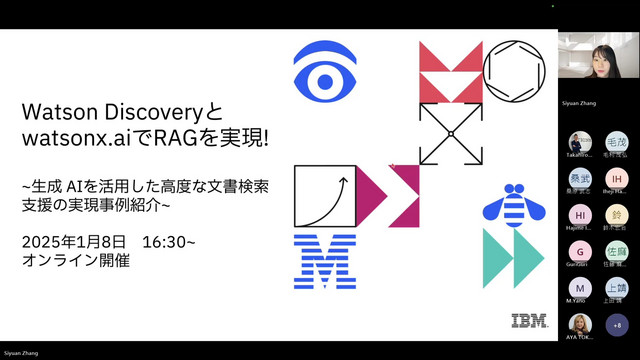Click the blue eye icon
(325, 70)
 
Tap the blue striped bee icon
(513, 203)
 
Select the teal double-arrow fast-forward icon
(513, 258)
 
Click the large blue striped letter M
(325, 261)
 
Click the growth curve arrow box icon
(325, 195)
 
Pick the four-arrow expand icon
(450, 133)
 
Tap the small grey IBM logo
(528, 321)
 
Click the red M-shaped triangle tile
(450, 72)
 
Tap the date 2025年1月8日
(76, 242)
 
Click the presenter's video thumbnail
(598, 63)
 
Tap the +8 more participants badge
(616, 325)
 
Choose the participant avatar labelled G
(580, 251)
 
